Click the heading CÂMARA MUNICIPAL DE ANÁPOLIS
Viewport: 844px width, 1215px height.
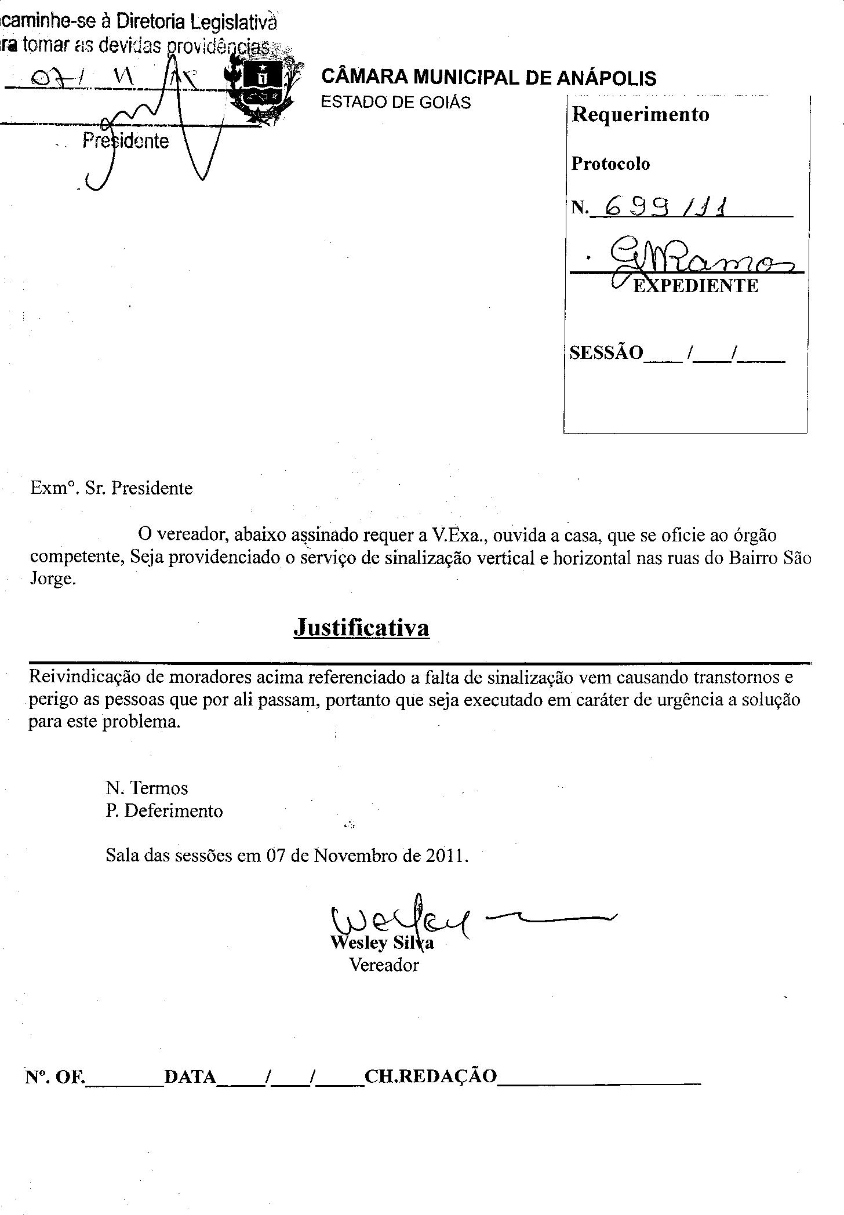[488, 78]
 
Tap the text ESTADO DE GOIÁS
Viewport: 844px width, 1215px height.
[395, 103]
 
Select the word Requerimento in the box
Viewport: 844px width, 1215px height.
[640, 114]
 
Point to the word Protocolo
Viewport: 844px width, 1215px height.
[610, 164]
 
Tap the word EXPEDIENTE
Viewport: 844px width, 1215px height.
[695, 286]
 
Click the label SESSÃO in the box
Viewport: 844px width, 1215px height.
[606, 352]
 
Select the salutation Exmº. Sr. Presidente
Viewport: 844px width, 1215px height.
[111, 488]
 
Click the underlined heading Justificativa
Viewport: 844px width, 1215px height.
[361, 627]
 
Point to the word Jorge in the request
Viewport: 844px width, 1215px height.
[52, 580]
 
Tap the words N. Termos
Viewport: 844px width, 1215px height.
[147, 788]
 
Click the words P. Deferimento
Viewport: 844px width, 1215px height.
[164, 810]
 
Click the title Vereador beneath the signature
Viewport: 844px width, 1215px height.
[384, 965]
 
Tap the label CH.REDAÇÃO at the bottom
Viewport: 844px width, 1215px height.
[431, 1077]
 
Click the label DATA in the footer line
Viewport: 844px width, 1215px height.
[190, 1077]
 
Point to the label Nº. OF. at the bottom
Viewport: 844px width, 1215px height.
[54, 1077]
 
